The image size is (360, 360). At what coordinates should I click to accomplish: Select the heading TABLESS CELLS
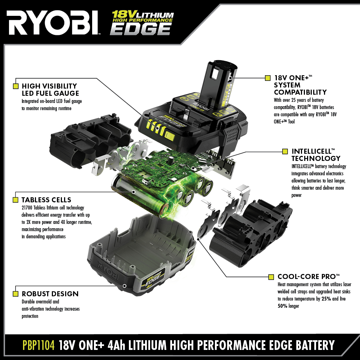[x=46, y=200]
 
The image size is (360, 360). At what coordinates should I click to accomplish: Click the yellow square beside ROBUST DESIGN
[x=15, y=293]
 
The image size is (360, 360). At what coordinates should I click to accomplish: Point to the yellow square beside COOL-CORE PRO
[x=271, y=277]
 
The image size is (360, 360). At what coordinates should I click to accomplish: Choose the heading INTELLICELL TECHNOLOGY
[x=316, y=154]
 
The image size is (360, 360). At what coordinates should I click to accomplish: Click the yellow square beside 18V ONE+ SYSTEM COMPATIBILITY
[x=267, y=78]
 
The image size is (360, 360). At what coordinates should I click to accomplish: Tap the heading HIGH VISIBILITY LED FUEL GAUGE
[x=50, y=90]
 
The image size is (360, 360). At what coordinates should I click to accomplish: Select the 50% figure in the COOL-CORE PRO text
[x=283, y=306]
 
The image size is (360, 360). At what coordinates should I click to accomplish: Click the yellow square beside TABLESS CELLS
[x=15, y=200]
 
